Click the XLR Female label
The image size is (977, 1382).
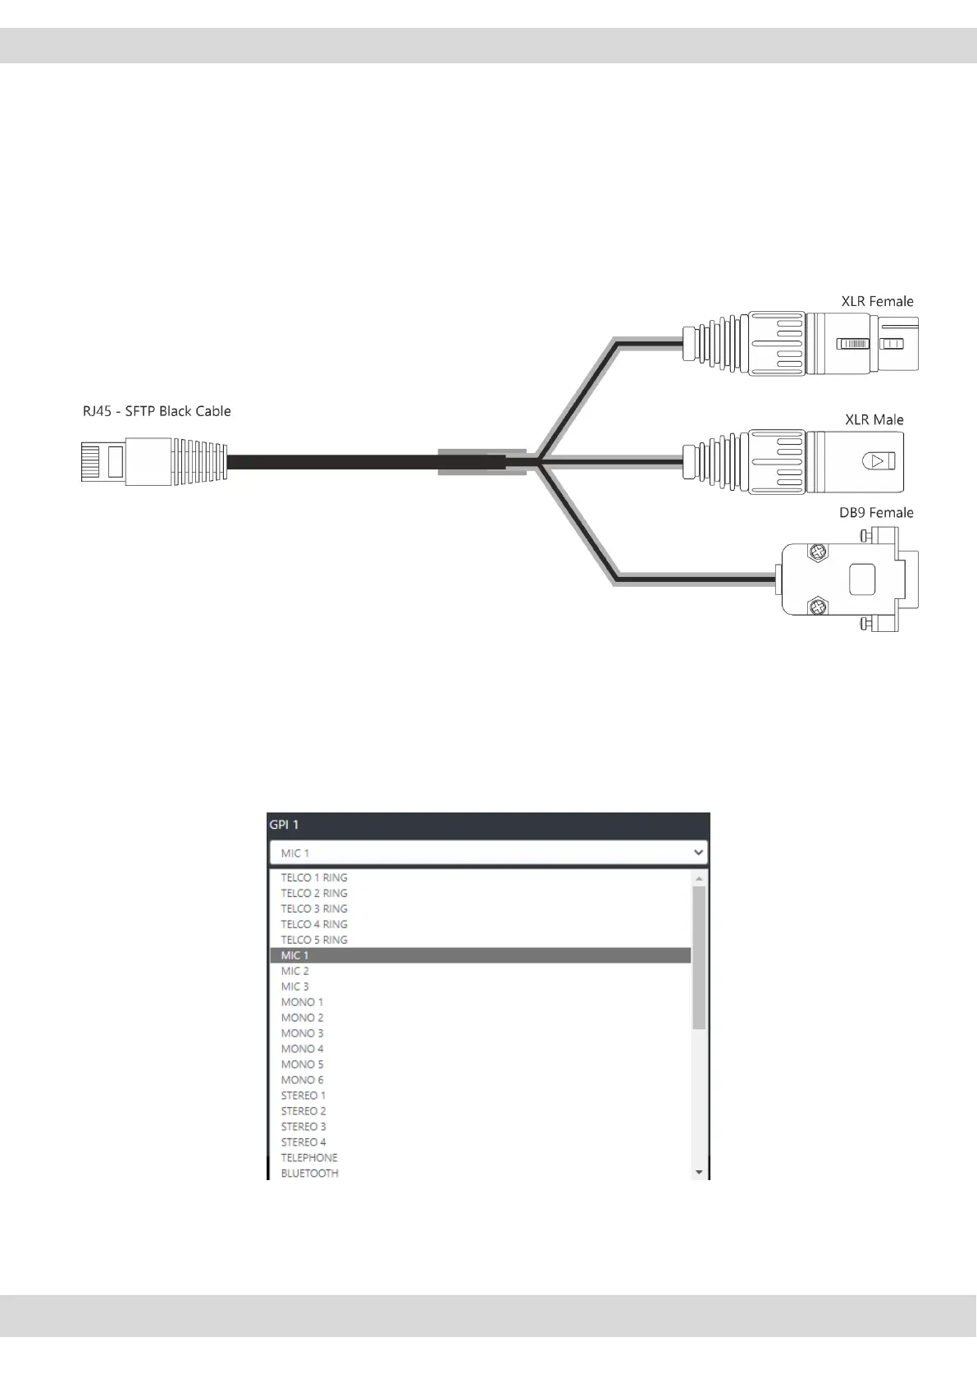pos(877,301)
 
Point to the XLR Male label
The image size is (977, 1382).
pos(874,419)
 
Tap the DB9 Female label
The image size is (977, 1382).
pos(876,513)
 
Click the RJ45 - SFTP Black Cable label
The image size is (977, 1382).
pos(157,411)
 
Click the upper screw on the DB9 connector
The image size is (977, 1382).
pos(816,554)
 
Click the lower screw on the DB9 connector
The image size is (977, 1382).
pos(816,608)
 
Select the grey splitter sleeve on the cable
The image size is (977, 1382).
pos(481,462)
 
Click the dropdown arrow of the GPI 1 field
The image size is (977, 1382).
pos(698,853)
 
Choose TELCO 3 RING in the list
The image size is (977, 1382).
pos(314,908)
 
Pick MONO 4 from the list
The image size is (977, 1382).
pos(303,1049)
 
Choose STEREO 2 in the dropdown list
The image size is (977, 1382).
pos(304,1111)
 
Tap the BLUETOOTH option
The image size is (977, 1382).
pos(310,1174)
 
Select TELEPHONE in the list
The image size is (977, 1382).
pos(309,1158)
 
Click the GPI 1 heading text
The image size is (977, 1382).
pos(285,825)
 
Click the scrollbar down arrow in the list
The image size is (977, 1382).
pos(699,1173)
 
